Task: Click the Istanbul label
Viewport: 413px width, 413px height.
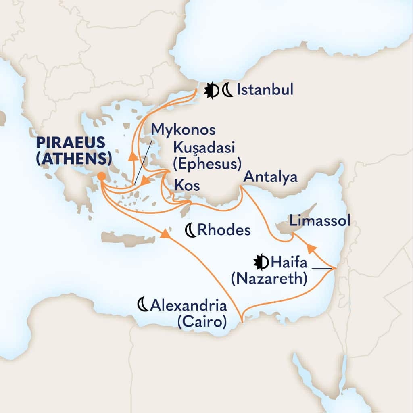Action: (x=265, y=90)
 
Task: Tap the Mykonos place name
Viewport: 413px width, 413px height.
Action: (x=183, y=130)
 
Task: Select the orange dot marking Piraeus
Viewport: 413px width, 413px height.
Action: (x=102, y=176)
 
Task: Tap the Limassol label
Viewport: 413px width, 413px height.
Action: (x=319, y=220)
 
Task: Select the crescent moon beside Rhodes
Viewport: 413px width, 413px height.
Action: (x=190, y=230)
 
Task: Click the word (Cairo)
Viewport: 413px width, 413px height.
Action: (x=201, y=322)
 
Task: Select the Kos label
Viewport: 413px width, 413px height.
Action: (x=187, y=186)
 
